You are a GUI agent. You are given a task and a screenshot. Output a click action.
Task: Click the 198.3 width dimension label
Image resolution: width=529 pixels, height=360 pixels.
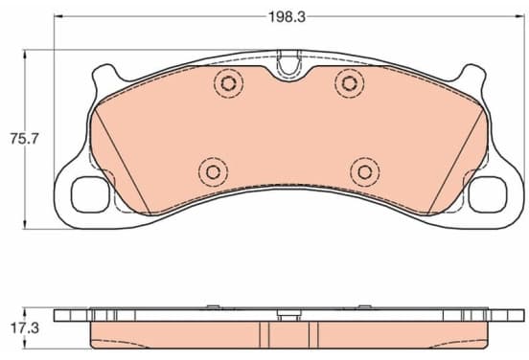pyautogui.click(x=287, y=17)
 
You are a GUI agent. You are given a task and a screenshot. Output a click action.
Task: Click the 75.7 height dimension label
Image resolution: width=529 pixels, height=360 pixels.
pyautogui.click(x=25, y=139)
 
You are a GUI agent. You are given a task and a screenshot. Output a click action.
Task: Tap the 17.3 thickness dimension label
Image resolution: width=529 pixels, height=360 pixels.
pyautogui.click(x=25, y=328)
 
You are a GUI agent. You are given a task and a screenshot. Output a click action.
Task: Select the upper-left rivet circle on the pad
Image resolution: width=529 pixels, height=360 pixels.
pyautogui.click(x=228, y=83)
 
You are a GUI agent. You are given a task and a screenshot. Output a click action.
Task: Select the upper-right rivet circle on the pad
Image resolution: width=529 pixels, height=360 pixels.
pyautogui.click(x=350, y=83)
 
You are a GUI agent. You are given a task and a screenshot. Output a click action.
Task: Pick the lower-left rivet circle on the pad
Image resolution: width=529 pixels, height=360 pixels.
pyautogui.click(x=213, y=172)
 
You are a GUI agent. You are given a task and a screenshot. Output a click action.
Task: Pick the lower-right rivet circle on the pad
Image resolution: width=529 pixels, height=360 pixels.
pyautogui.click(x=365, y=172)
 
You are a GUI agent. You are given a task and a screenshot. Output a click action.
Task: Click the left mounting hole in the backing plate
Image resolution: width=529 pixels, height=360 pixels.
pyautogui.click(x=91, y=194)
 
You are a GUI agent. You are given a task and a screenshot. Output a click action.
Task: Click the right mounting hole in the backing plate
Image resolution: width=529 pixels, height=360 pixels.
pyautogui.click(x=488, y=194)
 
